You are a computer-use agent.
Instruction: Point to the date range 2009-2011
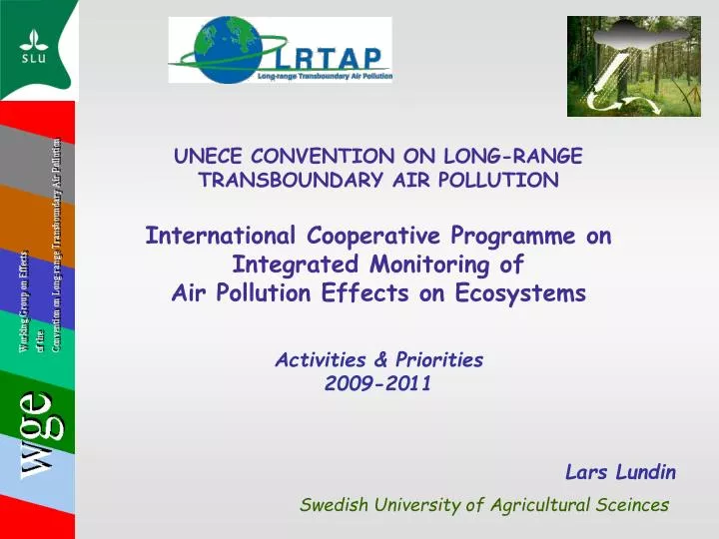coord(378,382)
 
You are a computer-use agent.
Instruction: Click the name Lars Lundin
coord(620,471)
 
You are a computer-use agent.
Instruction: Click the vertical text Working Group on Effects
coord(23,289)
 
